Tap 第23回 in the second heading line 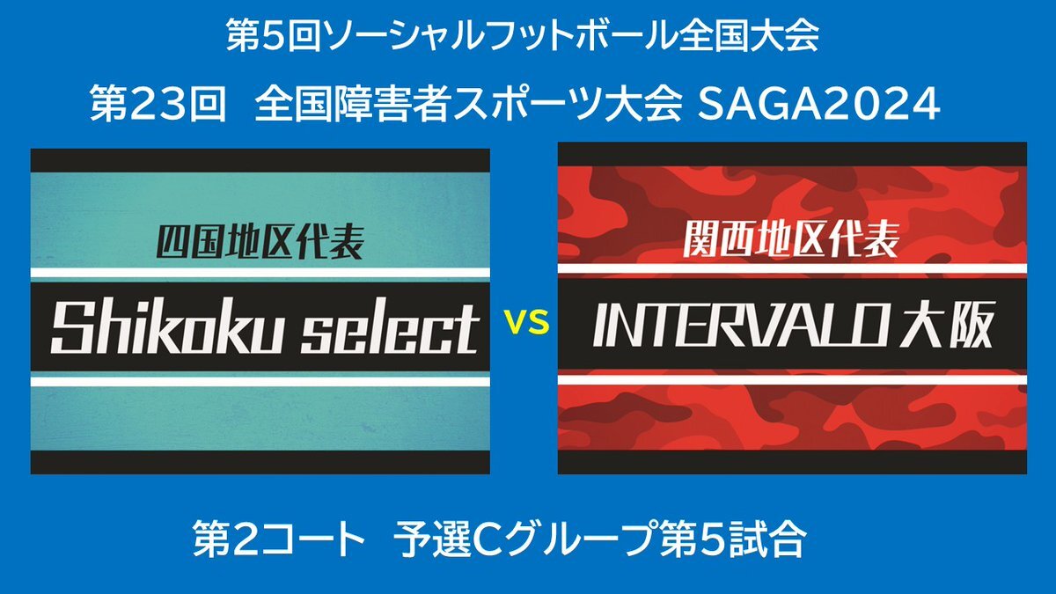(158, 104)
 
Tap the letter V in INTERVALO (765, 325)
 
